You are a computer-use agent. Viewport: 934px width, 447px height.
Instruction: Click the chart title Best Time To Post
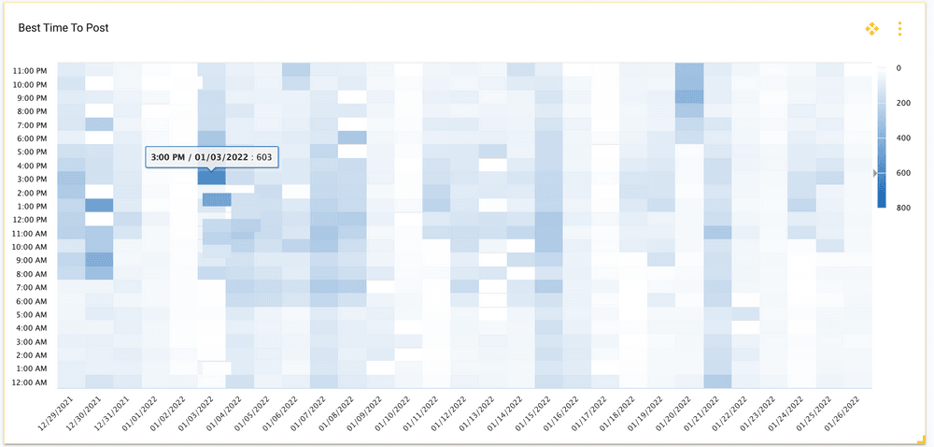tap(64, 28)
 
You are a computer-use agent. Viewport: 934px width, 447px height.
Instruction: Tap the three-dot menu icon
tap(899, 29)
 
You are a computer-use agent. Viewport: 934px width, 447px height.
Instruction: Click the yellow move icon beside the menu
tap(872, 29)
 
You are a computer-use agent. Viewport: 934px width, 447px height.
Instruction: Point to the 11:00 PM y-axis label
tap(31, 70)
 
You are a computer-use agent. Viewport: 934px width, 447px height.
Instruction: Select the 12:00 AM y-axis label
tap(31, 382)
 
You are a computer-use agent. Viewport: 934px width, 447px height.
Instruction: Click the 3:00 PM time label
tap(33, 179)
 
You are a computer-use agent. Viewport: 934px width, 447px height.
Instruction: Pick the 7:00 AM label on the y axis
tap(33, 287)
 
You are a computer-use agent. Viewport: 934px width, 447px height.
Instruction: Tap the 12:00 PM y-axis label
tap(31, 220)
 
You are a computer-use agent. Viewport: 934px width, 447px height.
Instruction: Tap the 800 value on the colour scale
tap(902, 207)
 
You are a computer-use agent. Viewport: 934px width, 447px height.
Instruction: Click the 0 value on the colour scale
tap(899, 68)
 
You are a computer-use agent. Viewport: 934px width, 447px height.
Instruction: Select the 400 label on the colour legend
tap(902, 137)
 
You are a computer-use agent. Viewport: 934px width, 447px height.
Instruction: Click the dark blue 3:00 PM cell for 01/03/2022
tap(211, 177)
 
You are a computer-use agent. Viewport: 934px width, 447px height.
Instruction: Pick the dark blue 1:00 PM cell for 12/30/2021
tap(99, 206)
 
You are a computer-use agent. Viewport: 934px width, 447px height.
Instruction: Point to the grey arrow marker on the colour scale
tap(875, 172)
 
